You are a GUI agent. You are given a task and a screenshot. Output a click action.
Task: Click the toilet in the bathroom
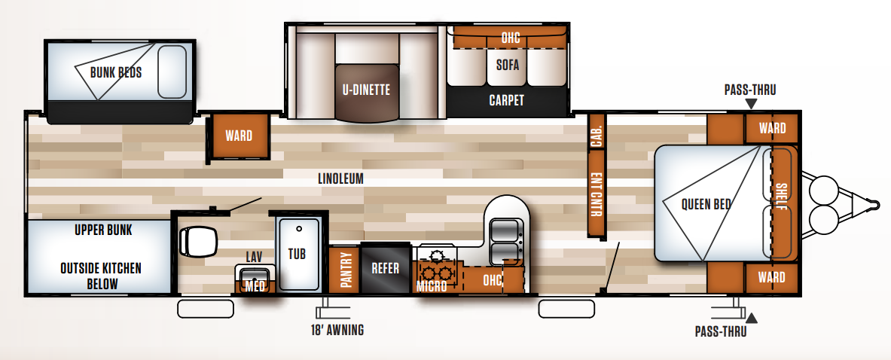(198, 241)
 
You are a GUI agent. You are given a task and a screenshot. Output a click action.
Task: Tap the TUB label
(297, 253)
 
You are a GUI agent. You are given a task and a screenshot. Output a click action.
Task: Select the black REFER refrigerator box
(386, 268)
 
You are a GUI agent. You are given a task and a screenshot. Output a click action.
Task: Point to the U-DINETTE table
(367, 93)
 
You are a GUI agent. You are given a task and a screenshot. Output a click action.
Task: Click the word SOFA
(508, 65)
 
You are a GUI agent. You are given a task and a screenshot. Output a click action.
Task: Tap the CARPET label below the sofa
(507, 100)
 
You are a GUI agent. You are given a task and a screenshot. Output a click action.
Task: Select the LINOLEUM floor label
(341, 178)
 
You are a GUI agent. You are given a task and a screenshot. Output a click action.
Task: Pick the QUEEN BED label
(706, 204)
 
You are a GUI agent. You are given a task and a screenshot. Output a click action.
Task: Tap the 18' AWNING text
(337, 330)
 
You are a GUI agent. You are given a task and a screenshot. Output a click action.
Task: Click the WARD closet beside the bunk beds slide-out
(239, 136)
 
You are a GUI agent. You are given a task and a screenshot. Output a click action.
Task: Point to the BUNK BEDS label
(116, 73)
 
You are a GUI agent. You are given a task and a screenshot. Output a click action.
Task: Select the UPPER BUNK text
(103, 230)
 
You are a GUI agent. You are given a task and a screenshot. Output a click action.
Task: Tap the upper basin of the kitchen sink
(504, 230)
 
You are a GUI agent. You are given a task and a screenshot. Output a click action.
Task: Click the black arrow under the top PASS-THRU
(751, 104)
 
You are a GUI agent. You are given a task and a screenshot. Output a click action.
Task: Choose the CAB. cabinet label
(596, 136)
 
